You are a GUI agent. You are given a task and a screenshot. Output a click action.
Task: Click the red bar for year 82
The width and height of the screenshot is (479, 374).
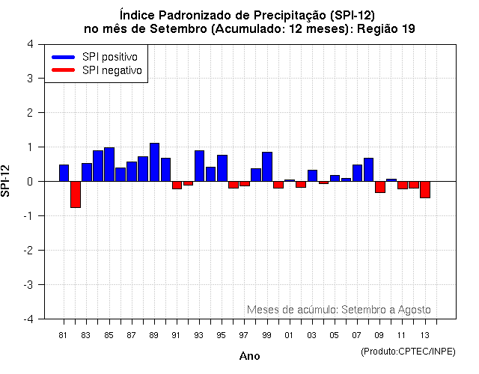click(76, 194)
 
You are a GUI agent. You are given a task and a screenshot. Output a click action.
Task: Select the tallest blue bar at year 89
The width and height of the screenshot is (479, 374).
click(154, 162)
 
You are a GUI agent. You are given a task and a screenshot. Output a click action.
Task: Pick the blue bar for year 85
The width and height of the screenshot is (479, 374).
click(109, 165)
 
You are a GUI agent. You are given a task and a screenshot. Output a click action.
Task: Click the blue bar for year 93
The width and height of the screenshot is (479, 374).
click(199, 166)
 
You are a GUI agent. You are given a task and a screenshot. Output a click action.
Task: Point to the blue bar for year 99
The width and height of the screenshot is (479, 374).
click(267, 167)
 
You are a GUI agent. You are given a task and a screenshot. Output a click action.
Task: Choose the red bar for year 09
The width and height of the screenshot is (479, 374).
click(380, 187)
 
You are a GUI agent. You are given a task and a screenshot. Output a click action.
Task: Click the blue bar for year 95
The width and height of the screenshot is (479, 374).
click(222, 168)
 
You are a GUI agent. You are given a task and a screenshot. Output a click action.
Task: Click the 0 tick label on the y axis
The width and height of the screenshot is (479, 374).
click(29, 182)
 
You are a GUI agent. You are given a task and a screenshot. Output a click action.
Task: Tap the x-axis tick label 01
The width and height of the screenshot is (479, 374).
click(289, 335)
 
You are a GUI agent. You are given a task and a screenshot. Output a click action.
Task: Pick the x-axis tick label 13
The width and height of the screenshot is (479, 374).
click(424, 335)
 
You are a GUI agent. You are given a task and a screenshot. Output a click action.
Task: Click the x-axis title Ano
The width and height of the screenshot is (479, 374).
click(249, 356)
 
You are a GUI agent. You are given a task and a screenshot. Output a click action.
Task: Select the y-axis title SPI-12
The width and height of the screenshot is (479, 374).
click(7, 181)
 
